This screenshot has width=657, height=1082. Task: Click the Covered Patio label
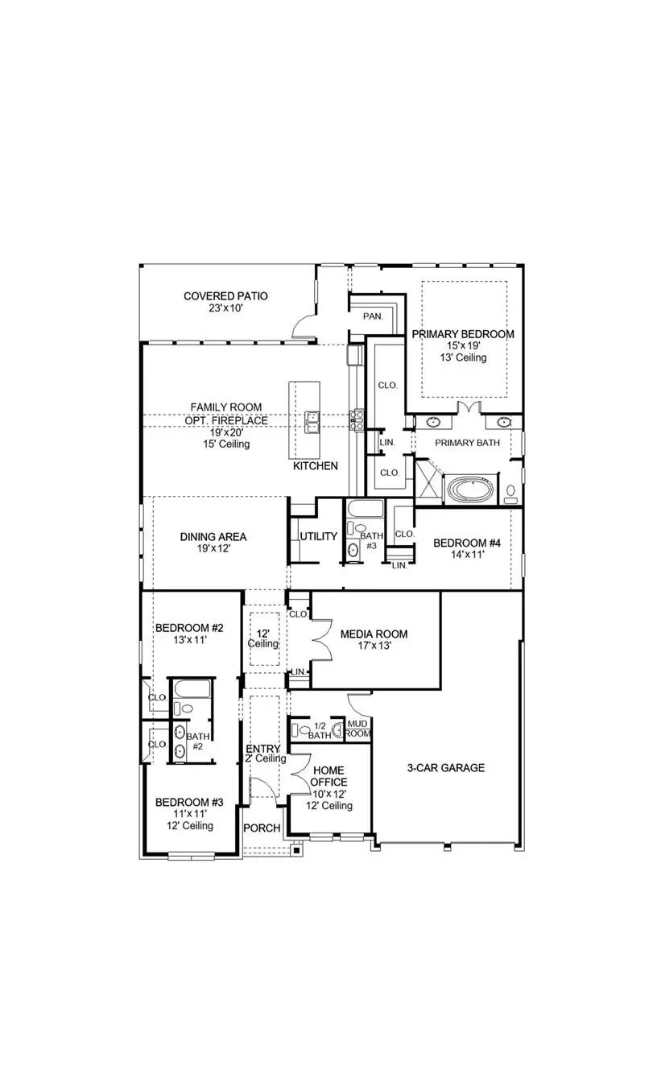pos(225,296)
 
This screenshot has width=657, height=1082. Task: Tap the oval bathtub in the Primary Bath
pos(473,489)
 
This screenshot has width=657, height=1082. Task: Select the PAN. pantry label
pos(372,316)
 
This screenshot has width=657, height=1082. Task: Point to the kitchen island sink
pos(312,420)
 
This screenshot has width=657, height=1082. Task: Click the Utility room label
pos(318,536)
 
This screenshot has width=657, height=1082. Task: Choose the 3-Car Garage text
pos(445,767)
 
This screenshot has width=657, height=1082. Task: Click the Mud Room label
pos(358,729)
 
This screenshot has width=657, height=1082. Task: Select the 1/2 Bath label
pos(320,729)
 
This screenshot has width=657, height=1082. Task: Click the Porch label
pos(262,828)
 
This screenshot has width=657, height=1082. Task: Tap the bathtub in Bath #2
pos(193,690)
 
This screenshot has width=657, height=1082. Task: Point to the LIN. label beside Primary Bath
pos(387,443)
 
